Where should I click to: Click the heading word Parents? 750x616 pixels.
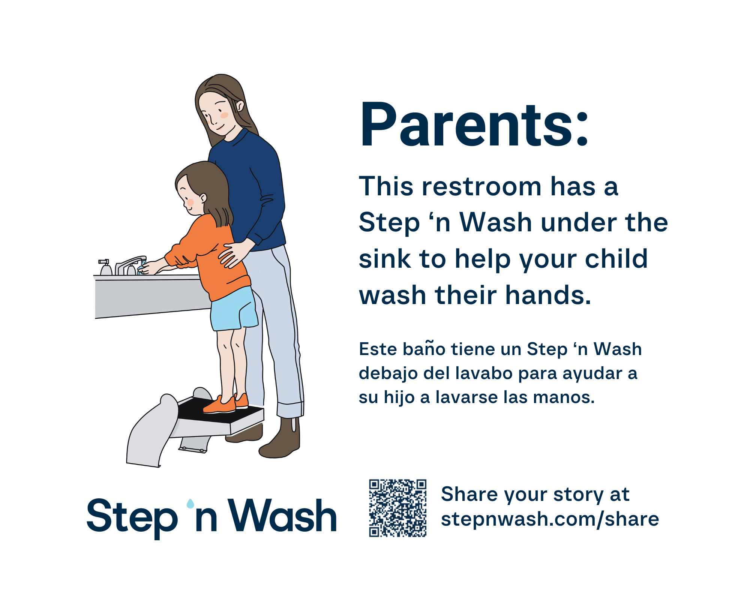474,124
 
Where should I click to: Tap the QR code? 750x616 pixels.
398,508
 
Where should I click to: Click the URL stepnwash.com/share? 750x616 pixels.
550,519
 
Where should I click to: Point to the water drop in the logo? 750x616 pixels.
190,503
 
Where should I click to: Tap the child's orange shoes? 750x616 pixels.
226,403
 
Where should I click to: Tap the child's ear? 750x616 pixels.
203,198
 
